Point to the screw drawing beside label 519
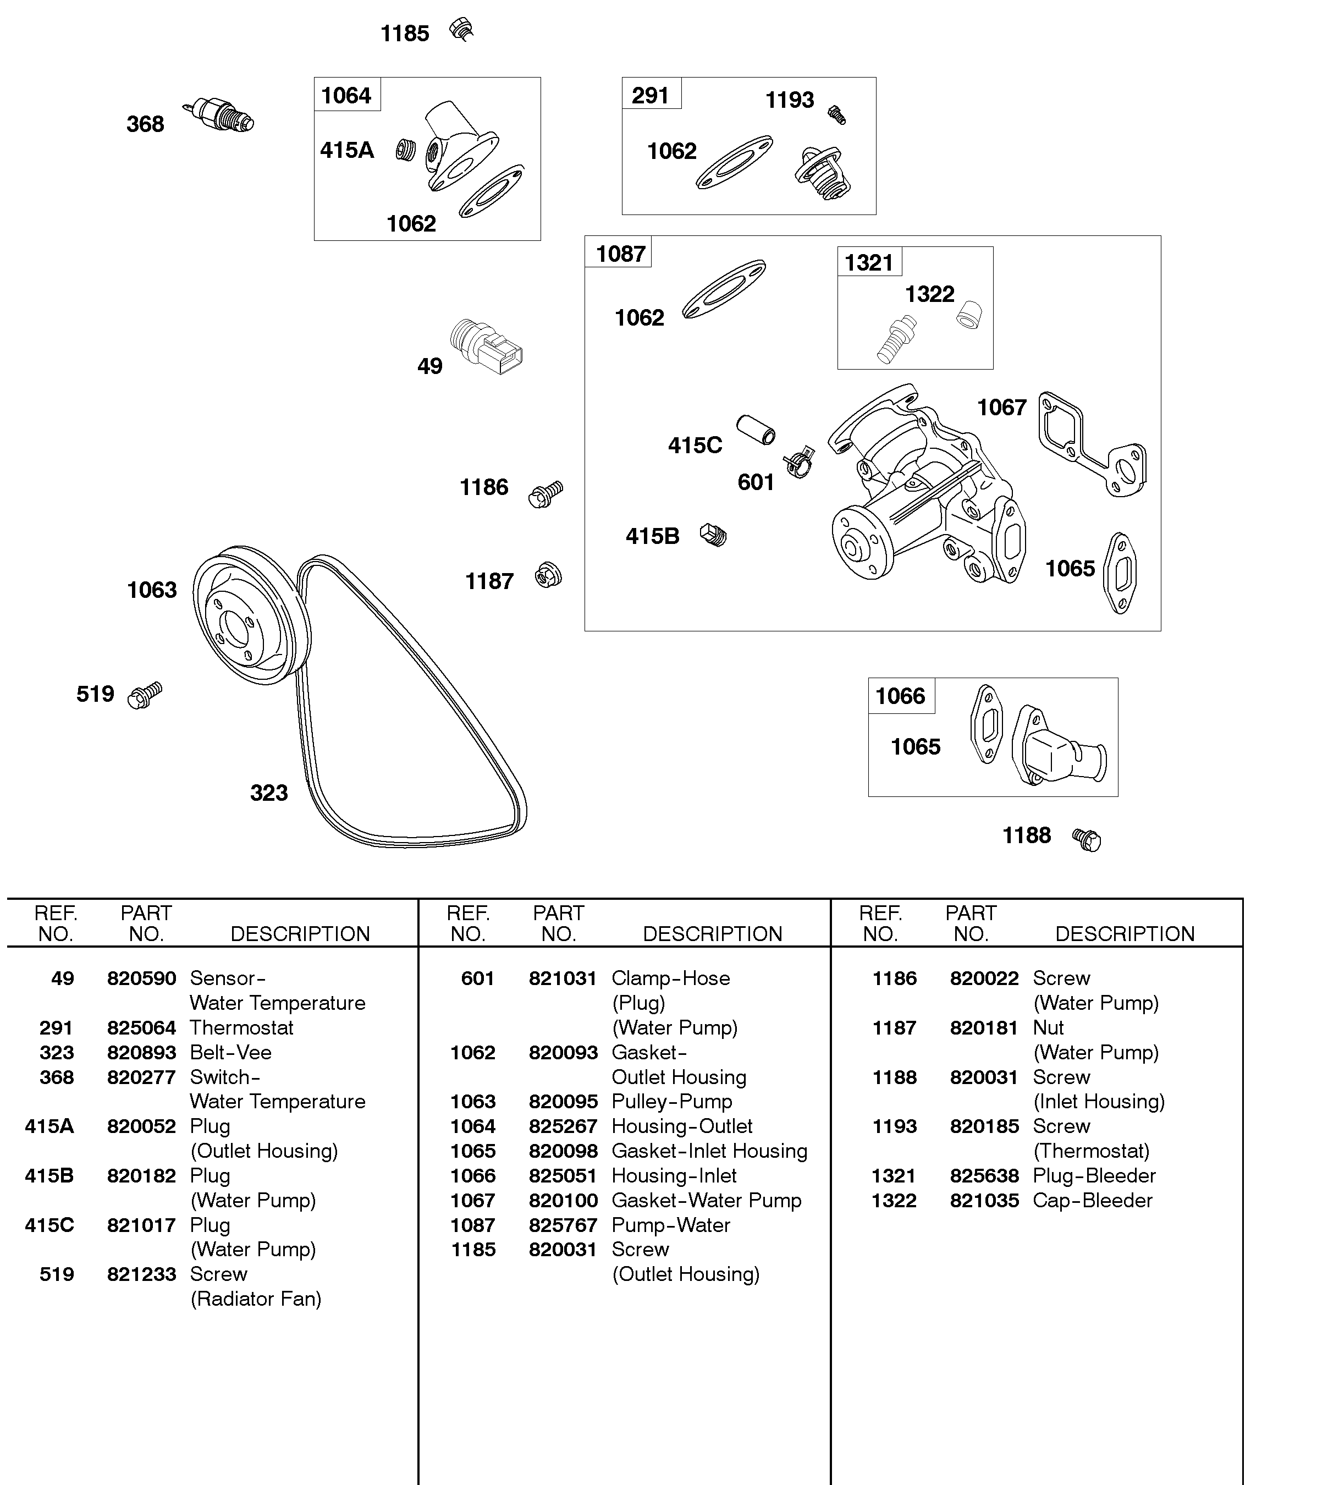[x=145, y=695]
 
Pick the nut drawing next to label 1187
[x=548, y=575]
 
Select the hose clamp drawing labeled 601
[x=800, y=462]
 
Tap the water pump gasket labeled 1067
[x=1092, y=444]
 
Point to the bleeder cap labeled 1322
[x=969, y=315]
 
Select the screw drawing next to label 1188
[x=1087, y=839]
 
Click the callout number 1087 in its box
[x=620, y=254]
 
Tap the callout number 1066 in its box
[x=900, y=696]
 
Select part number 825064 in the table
[x=141, y=1027]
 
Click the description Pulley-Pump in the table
[x=671, y=1101]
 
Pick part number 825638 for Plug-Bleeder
[x=984, y=1175]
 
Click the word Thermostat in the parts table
[x=241, y=1027]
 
